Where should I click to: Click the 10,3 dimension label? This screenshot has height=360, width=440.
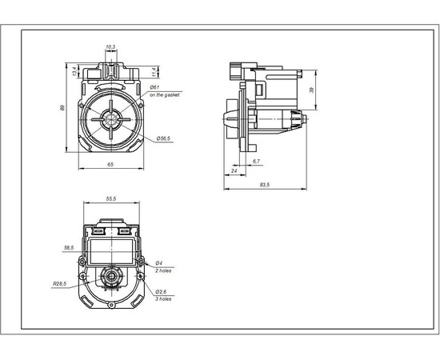point(110,47)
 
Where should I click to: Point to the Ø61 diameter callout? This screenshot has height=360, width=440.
point(154,86)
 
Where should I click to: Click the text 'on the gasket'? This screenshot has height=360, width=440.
point(165,94)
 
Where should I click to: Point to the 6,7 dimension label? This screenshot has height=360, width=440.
point(255,162)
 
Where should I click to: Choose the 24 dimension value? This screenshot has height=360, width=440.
point(234,170)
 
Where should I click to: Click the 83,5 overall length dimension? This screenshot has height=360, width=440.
point(263,185)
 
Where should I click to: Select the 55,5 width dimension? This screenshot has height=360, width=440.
point(111,198)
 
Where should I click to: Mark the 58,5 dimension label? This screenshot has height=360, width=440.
point(68,248)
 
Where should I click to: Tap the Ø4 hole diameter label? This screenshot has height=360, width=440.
point(158,262)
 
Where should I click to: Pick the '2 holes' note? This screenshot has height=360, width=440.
point(163,270)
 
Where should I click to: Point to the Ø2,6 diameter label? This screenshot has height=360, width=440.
point(160,291)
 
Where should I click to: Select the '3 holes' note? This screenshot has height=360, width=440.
point(163,299)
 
